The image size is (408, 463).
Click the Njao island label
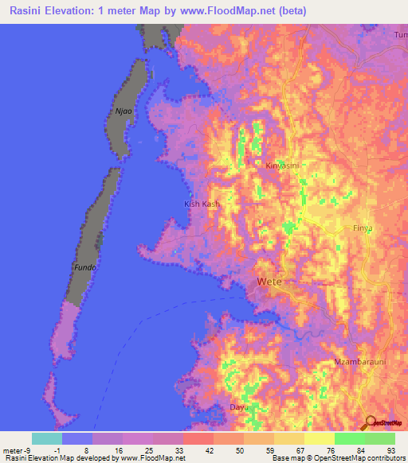tap(122, 111)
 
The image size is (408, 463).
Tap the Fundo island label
tap(85, 267)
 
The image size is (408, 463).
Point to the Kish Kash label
tap(202, 204)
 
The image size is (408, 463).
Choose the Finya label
tap(363, 228)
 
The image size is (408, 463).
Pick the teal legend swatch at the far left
tap(47, 438)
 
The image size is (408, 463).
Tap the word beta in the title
tap(291, 11)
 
